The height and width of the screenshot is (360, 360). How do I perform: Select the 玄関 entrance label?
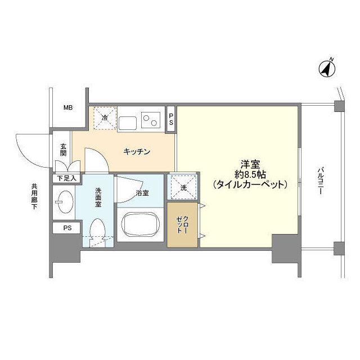pyautogui.click(x=64, y=150)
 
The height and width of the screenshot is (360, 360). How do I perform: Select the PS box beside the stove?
pyautogui.click(x=172, y=119)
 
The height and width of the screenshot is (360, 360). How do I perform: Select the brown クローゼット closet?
pyautogui.click(x=182, y=224)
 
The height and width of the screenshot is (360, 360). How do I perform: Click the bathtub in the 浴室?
pyautogui.click(x=139, y=225)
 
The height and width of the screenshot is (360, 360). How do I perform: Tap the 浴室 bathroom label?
pyautogui.click(x=142, y=193)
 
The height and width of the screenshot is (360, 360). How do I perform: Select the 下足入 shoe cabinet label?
pyautogui.click(x=66, y=179)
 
